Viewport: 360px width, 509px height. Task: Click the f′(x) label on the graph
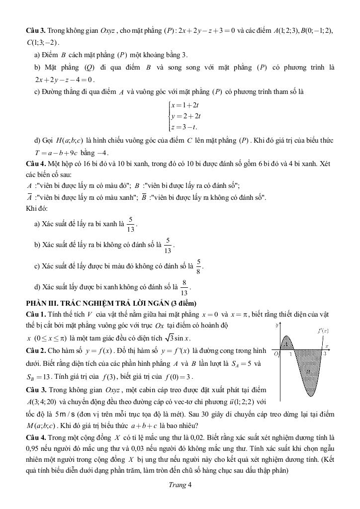coord(323,331)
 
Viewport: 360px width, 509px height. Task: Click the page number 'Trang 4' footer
coord(180,486)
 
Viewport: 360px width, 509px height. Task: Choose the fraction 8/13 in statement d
coord(184,287)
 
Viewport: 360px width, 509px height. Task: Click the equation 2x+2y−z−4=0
coord(64,80)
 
